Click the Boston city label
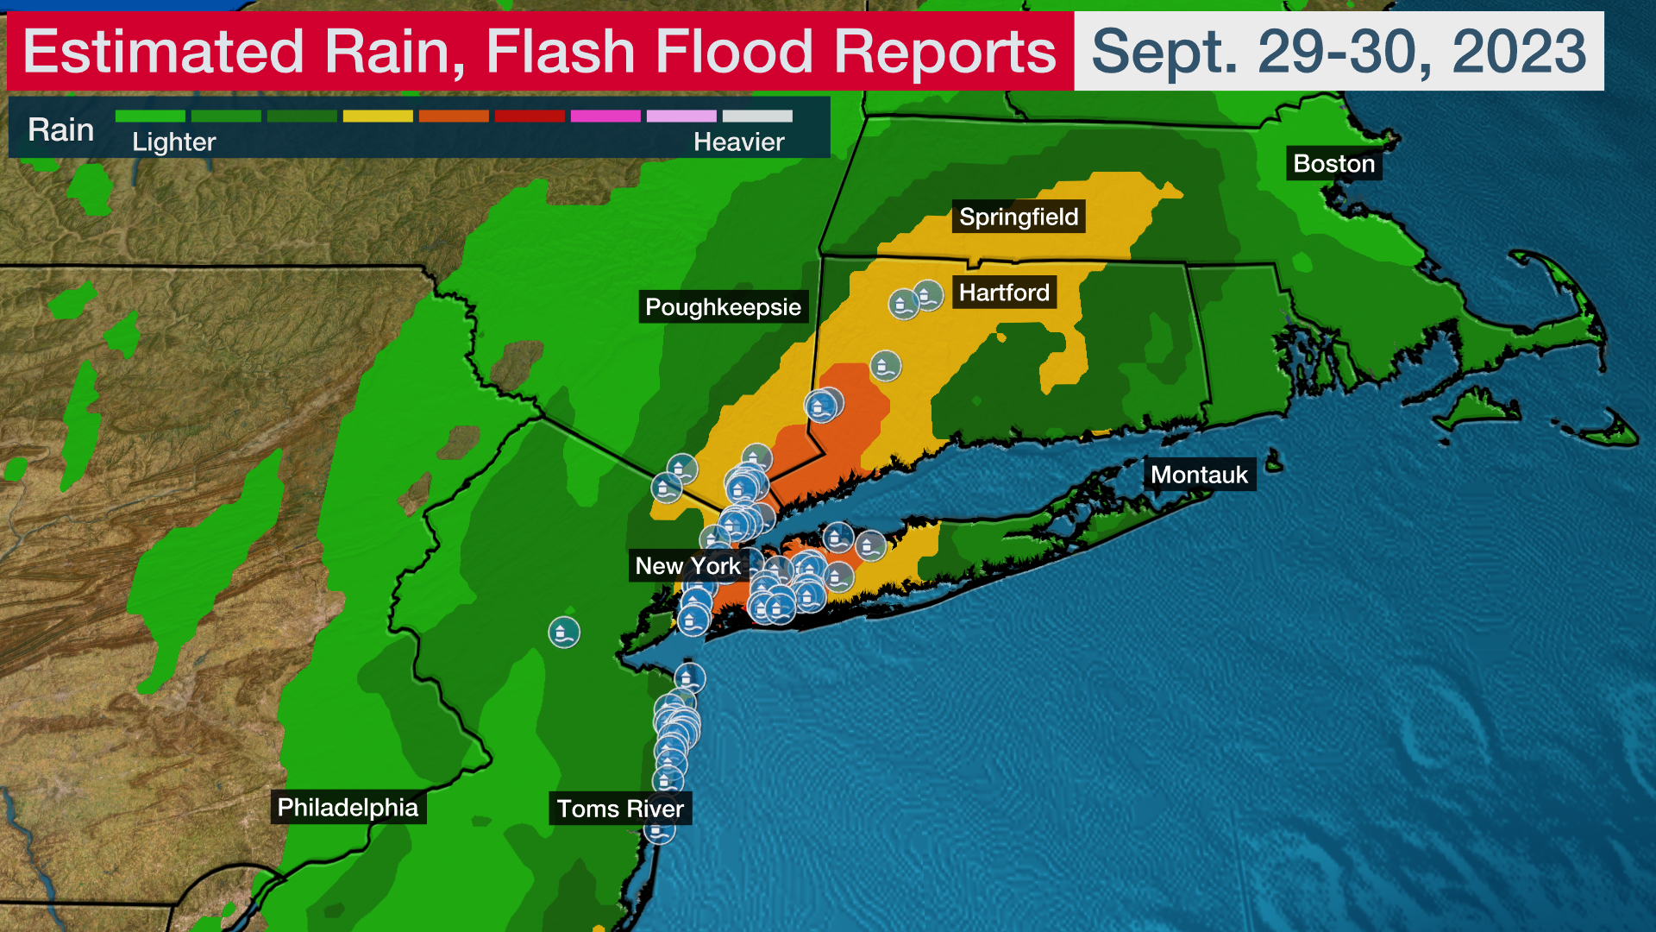click(x=1333, y=164)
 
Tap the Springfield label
click(x=1018, y=217)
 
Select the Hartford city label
click(x=1004, y=293)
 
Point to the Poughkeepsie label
click(x=723, y=307)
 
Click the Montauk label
click(x=1199, y=475)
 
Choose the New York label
click(x=687, y=566)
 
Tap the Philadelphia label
click(x=348, y=807)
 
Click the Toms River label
click(x=620, y=809)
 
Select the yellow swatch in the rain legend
click(x=378, y=116)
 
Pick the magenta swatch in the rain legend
click(x=605, y=116)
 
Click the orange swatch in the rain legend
click(x=454, y=116)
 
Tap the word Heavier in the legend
click(x=738, y=142)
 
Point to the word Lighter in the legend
click(x=173, y=142)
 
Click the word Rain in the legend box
click(x=60, y=129)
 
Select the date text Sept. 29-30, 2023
click(x=1339, y=52)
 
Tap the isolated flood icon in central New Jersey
click(x=564, y=633)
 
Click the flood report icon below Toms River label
click(x=660, y=831)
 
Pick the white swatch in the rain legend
click(x=757, y=116)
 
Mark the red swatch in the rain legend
click(x=530, y=116)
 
